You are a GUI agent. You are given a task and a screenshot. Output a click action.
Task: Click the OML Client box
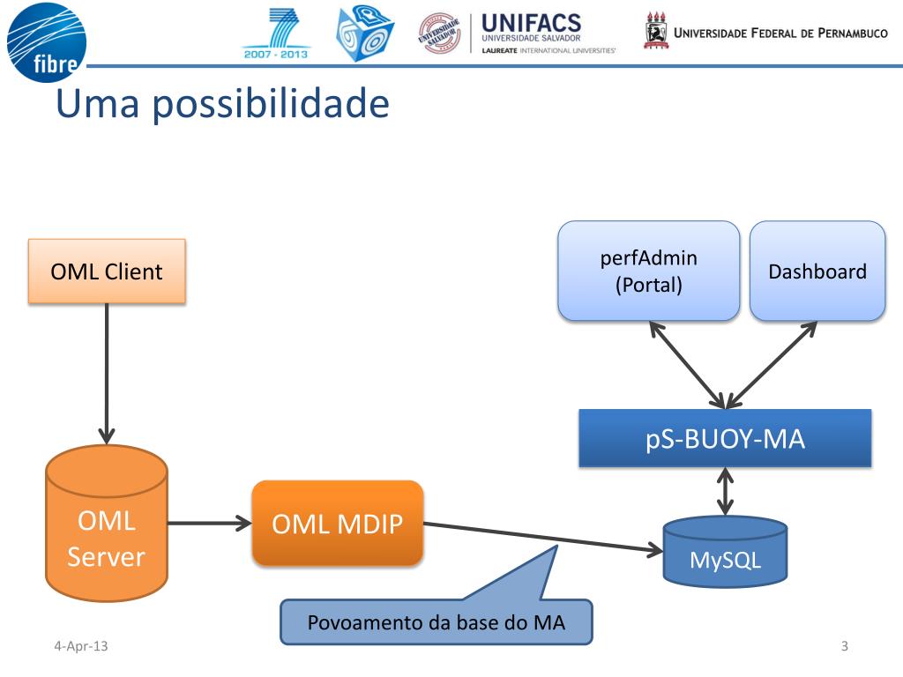point(107,271)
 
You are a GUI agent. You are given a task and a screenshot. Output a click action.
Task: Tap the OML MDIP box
point(337,524)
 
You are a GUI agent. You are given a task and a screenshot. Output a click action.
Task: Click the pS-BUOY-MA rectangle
point(725,438)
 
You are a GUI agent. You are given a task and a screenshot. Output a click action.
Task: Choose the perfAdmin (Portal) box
point(648,271)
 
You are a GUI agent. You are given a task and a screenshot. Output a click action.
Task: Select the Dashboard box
point(817,271)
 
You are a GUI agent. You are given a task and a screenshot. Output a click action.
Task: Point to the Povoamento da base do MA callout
point(436,622)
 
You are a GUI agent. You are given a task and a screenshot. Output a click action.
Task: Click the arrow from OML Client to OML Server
point(107,370)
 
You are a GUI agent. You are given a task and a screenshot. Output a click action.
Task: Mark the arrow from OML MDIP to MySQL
point(542,538)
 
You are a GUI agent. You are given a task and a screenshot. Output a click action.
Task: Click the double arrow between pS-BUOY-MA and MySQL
point(725,491)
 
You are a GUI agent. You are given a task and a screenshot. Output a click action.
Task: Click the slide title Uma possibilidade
point(222,104)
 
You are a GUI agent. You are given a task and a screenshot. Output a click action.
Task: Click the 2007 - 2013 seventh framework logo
point(276,35)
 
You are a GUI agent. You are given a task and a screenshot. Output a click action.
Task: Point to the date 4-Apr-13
point(80,647)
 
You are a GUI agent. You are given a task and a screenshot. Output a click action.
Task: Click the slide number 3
point(844,647)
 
